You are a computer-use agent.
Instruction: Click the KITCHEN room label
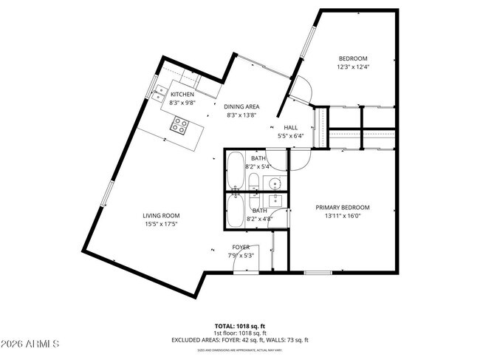(182, 95)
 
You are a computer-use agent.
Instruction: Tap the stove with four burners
(179, 126)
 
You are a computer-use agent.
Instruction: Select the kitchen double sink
(159, 92)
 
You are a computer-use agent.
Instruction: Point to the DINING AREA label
(242, 106)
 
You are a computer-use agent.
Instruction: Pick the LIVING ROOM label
(161, 217)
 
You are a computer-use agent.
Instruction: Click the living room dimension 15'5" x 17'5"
(161, 225)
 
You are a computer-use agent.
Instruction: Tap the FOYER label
(241, 247)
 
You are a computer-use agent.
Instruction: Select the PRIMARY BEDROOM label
(343, 208)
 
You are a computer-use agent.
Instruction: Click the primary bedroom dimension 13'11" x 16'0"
(343, 216)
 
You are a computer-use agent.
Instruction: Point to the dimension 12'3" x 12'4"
(352, 67)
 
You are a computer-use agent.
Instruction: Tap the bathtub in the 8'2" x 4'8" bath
(235, 211)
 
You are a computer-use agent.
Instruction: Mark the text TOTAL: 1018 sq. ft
(240, 325)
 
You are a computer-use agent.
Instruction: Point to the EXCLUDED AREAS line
(240, 340)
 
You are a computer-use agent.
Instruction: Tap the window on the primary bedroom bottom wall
(318, 273)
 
